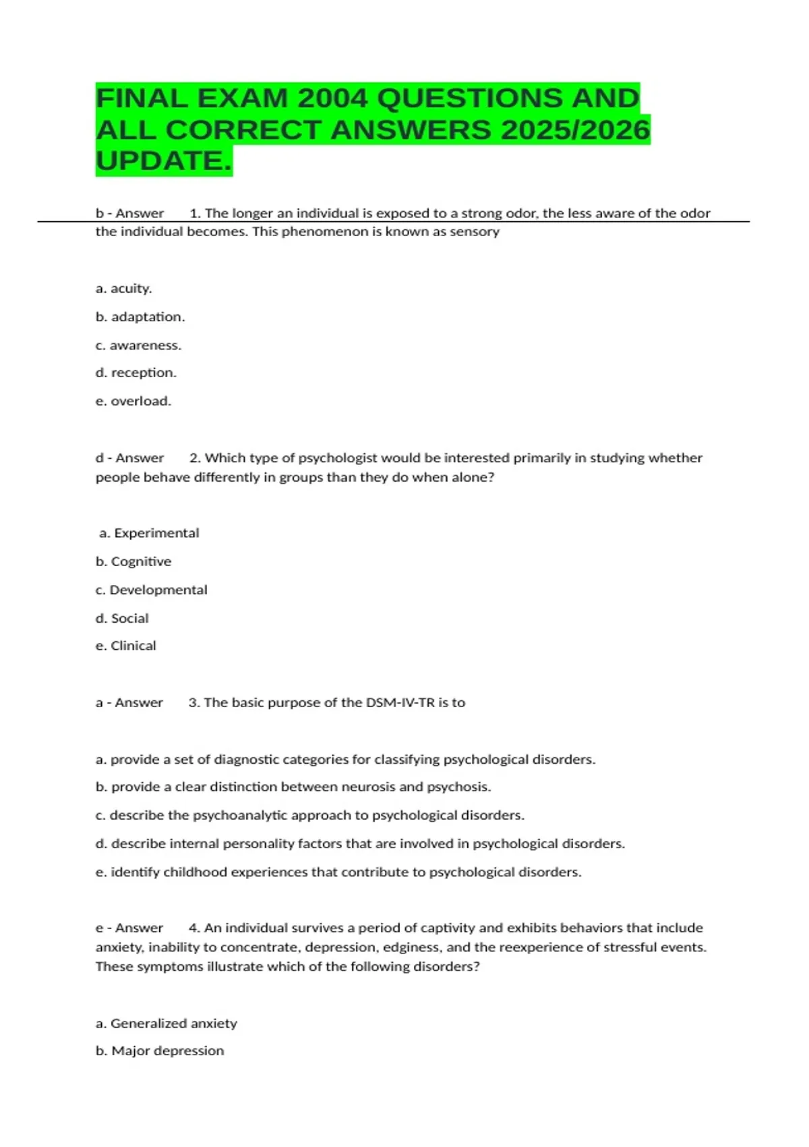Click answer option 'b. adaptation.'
(140, 316)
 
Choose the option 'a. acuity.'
(124, 288)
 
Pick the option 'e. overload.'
(133, 401)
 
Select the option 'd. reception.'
(136, 372)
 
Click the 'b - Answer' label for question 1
(130, 213)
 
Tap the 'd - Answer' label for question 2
(130, 457)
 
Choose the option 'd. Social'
(122, 618)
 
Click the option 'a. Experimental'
(149, 533)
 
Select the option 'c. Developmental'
(152, 590)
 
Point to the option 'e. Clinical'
(126, 646)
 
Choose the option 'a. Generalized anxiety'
(167, 1023)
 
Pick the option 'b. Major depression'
(160, 1051)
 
